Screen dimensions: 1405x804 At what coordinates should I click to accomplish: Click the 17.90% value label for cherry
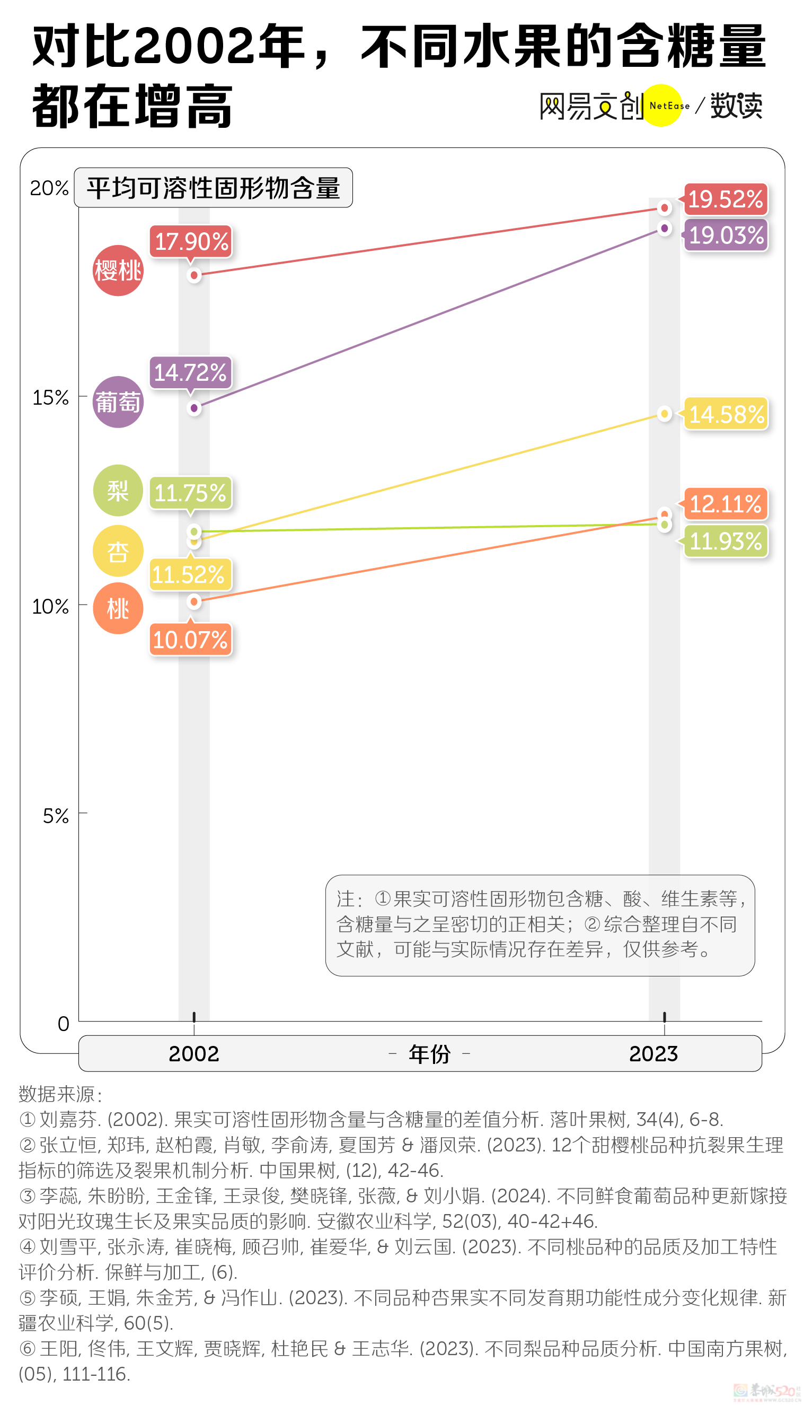pyautogui.click(x=191, y=241)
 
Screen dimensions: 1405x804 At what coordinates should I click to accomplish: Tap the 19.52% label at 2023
pyautogui.click(x=725, y=199)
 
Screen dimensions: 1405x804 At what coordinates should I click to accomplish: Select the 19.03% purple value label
pyautogui.click(x=726, y=235)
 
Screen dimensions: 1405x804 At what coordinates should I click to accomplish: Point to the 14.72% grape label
pyautogui.click(x=190, y=372)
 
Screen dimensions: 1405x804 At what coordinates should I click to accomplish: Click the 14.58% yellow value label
pyautogui.click(x=726, y=414)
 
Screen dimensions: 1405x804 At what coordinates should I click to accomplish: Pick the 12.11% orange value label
pyautogui.click(x=725, y=504)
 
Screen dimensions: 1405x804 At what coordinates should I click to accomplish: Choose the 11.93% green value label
pyautogui.click(x=726, y=541)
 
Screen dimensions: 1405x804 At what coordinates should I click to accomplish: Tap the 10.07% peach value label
pyautogui.click(x=190, y=640)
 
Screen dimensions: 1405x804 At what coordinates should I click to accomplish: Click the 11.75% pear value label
pyautogui.click(x=190, y=493)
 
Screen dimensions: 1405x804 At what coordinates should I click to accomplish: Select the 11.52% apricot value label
pyautogui.click(x=188, y=574)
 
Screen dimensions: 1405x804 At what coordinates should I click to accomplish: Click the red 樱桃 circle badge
pyautogui.click(x=118, y=270)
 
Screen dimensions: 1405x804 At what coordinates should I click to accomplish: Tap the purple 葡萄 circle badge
pyautogui.click(x=118, y=402)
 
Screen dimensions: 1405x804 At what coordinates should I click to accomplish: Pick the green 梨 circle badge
pyautogui.click(x=118, y=491)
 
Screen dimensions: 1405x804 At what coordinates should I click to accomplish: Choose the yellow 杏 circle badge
pyautogui.click(x=118, y=551)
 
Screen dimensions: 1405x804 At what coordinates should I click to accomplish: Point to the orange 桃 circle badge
pyautogui.click(x=118, y=608)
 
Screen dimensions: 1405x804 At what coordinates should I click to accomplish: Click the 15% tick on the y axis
pyautogui.click(x=51, y=397)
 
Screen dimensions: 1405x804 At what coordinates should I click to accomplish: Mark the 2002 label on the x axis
pyautogui.click(x=194, y=1053)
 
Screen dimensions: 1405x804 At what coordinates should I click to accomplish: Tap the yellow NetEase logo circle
pyautogui.click(x=662, y=106)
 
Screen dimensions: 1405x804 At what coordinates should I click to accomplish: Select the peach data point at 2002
pyautogui.click(x=194, y=601)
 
